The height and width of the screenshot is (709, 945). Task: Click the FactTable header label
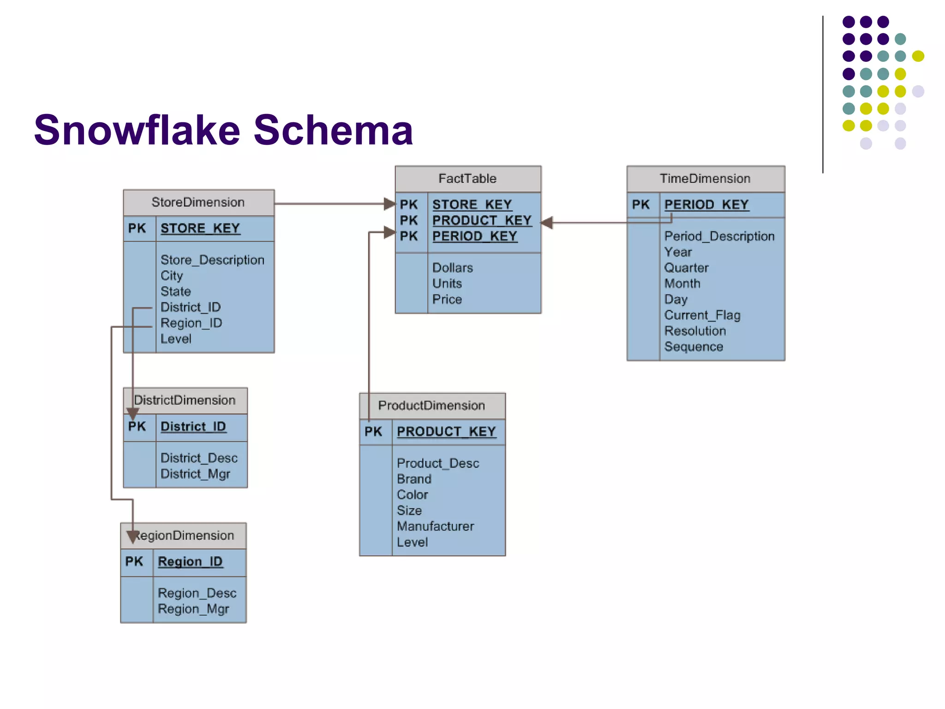pyautogui.click(x=467, y=179)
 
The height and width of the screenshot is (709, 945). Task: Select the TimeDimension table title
pyautogui.click(x=705, y=179)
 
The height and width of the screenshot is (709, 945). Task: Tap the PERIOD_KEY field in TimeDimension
pyautogui.click(x=706, y=204)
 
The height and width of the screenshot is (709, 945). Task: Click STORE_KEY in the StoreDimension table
pyautogui.click(x=200, y=228)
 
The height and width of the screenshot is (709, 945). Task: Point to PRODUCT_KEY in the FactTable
pyautogui.click(x=482, y=221)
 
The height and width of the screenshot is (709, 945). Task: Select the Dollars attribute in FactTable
pyautogui.click(x=452, y=268)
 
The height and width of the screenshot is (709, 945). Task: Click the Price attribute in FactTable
pyautogui.click(x=447, y=300)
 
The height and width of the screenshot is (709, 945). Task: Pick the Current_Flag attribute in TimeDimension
pyautogui.click(x=702, y=315)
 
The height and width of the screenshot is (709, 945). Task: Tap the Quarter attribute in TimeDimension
pyautogui.click(x=686, y=268)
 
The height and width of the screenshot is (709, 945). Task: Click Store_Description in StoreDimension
pyautogui.click(x=212, y=260)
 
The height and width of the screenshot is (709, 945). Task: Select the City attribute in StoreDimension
pyautogui.click(x=172, y=276)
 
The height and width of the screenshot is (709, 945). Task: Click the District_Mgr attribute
pyautogui.click(x=195, y=474)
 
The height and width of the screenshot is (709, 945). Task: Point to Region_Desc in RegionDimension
pyautogui.click(x=197, y=593)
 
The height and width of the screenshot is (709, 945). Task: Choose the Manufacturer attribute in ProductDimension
pyautogui.click(x=435, y=526)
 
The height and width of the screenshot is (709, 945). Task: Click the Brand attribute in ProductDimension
pyautogui.click(x=414, y=479)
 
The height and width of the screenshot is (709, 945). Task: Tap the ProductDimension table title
pyautogui.click(x=431, y=406)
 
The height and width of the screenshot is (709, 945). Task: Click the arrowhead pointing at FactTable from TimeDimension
pyautogui.click(x=547, y=223)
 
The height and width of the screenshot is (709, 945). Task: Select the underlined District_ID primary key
pyautogui.click(x=193, y=427)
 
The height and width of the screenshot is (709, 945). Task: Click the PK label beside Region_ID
pyautogui.click(x=134, y=562)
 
